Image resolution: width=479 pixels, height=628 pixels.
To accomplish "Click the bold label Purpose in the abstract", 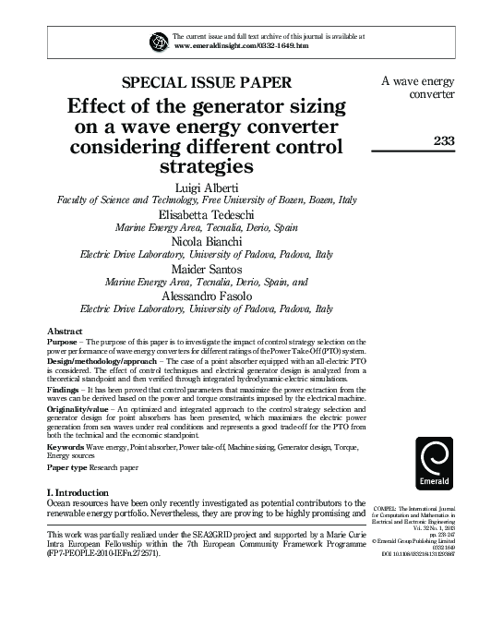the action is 63,341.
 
